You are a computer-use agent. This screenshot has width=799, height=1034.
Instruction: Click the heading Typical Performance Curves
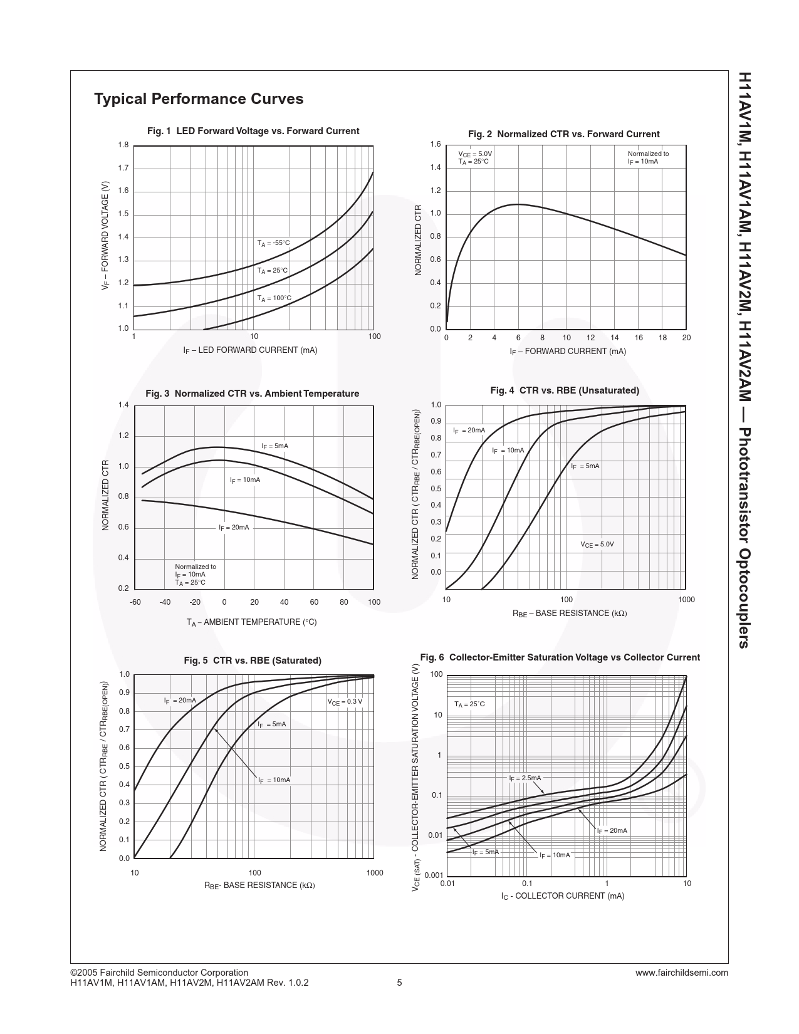pos(199,99)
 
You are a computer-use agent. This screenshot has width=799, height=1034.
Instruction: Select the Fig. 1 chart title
pos(253,131)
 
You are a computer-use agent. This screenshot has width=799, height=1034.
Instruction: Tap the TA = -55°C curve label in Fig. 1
pos(273,243)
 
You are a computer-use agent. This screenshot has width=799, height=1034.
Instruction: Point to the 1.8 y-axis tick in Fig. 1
pos(123,145)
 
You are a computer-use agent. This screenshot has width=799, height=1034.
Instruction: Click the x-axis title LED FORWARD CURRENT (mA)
pos(250,350)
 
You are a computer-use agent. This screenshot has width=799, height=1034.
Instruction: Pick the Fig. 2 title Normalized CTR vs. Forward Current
pos(563,134)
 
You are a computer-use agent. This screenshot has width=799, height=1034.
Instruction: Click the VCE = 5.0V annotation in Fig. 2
pos(475,154)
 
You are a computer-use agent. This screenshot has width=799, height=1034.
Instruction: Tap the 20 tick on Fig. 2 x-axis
pos(686,338)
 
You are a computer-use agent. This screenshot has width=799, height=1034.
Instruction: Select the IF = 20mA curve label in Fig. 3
pos(234,528)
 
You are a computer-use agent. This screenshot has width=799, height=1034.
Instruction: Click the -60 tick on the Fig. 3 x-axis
pos(135,602)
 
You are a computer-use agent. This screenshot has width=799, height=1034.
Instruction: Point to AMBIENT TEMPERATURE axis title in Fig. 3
pos(251,622)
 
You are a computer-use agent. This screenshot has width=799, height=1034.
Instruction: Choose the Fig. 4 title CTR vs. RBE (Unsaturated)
pos(565,390)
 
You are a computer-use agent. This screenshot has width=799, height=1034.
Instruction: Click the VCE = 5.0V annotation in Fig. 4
pos(597,545)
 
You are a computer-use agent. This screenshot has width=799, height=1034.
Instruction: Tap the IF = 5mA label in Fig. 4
pos(585,466)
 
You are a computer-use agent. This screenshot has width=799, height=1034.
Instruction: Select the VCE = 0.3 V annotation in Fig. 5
pos(345,702)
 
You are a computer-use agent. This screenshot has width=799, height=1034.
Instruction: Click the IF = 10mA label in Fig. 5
pos(274,780)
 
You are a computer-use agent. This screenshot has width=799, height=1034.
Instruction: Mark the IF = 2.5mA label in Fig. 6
pos(525,778)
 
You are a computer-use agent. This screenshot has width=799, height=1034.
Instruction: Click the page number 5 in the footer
pos(399,983)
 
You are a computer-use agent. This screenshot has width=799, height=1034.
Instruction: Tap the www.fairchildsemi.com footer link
pos(681,973)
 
